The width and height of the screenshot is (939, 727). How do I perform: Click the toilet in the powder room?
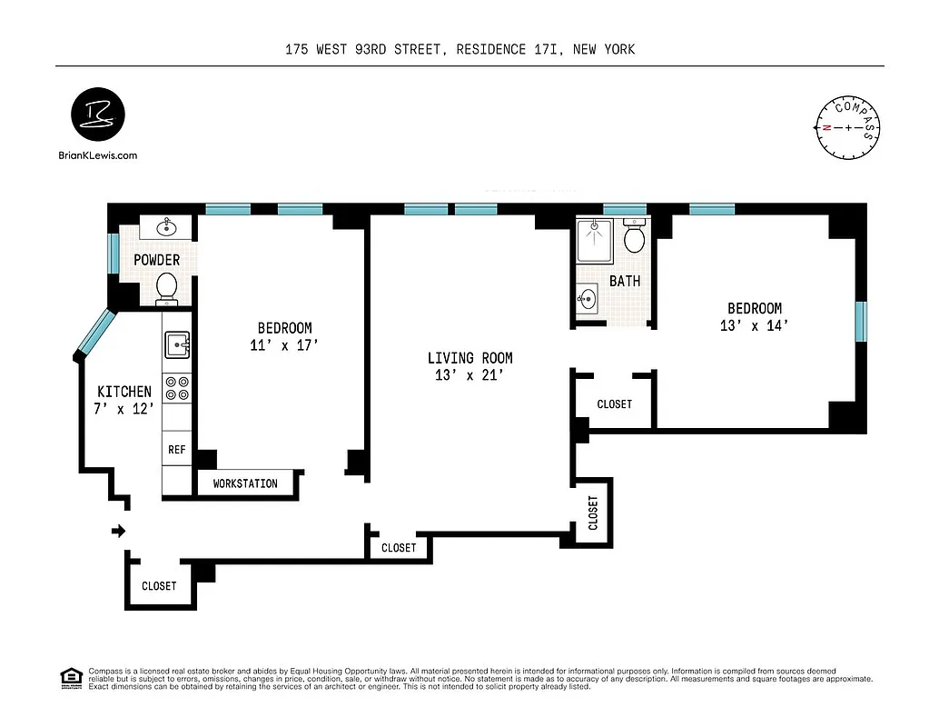166,287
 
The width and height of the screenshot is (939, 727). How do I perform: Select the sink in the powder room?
166,227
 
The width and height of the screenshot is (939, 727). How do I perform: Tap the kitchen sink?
177,345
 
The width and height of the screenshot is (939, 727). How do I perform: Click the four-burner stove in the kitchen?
177,388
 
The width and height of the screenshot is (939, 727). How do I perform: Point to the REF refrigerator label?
177,449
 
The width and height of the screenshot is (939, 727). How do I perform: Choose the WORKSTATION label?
245,483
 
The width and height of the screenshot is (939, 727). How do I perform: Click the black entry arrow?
118,531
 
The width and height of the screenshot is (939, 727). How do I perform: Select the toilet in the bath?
634,238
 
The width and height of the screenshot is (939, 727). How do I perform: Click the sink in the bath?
588,296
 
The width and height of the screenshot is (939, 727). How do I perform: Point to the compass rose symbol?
847,127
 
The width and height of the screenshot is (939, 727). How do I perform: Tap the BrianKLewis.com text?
96,155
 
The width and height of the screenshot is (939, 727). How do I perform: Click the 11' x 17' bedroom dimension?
284,345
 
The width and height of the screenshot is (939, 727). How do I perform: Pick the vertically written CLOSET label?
593,513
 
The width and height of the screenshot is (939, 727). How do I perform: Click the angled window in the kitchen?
94,333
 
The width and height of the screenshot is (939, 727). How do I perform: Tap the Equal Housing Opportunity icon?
69,677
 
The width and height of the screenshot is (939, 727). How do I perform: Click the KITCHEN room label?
124,392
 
